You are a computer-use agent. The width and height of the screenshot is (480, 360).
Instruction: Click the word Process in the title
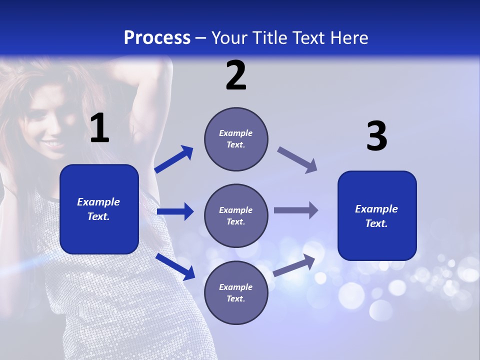[157, 37]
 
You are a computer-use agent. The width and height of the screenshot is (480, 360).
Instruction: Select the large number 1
[99, 129]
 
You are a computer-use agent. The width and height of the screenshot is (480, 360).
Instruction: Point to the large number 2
[236, 76]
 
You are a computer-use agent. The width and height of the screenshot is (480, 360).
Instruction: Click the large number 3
[376, 137]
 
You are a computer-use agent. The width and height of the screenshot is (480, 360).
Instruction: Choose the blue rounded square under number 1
[99, 209]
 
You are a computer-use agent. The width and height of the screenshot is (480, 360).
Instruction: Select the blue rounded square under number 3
[377, 215]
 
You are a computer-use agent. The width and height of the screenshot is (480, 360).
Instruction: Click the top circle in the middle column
[236, 139]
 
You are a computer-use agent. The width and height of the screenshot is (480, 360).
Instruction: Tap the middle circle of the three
[236, 215]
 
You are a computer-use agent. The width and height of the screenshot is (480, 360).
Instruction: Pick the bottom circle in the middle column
[236, 292]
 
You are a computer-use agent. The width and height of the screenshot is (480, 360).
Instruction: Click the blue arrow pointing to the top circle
[174, 159]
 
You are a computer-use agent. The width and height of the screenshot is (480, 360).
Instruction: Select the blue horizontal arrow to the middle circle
[175, 212]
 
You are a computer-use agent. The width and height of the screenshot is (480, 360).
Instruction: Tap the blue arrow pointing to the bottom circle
[175, 266]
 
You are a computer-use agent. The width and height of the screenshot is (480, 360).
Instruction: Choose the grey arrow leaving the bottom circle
[294, 265]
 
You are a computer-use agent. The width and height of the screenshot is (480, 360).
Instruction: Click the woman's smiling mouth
[52, 145]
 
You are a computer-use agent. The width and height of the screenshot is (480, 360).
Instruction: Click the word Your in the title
[229, 37]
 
